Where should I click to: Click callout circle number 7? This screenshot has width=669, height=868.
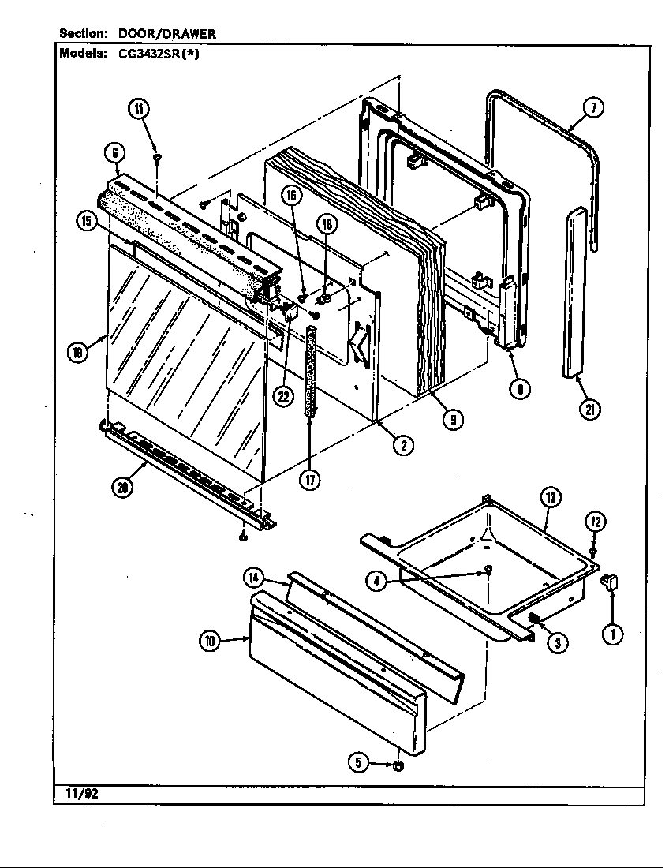593,109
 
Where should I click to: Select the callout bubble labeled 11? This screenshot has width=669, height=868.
139,110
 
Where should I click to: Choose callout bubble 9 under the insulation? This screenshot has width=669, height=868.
451,420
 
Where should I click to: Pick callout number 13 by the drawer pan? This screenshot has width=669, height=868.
549,497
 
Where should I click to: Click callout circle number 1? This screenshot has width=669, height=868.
612,632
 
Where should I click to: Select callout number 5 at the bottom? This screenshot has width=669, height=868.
359,762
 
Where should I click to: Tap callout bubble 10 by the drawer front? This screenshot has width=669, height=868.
209,642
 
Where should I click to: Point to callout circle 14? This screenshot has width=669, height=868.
253,578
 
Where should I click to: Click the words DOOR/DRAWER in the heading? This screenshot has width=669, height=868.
166,34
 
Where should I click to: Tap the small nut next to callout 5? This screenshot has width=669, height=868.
398,765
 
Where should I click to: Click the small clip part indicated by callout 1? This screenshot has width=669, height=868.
611,584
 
